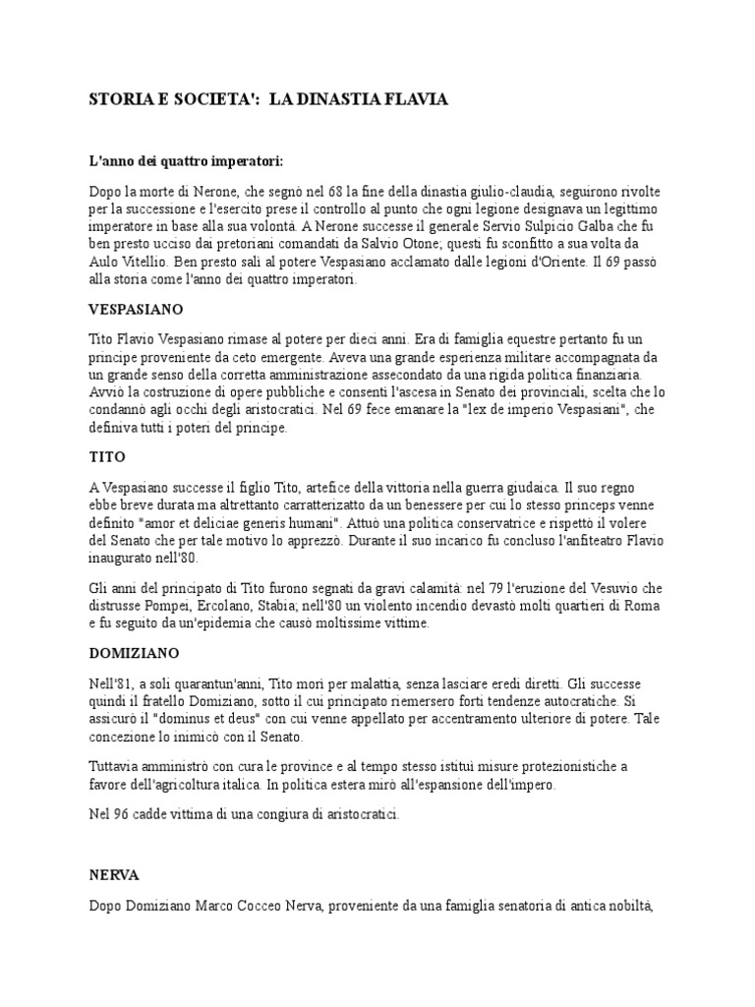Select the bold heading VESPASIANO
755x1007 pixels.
[x=136, y=309]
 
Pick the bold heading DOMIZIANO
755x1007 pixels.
[x=134, y=652]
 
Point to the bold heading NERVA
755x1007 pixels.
[x=113, y=873]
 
